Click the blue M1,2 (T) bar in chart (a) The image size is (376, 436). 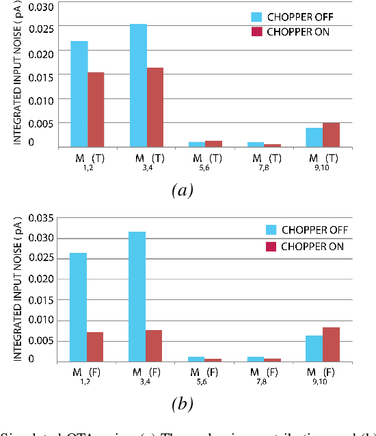coord(79,94)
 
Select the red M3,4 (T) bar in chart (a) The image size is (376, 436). coord(155,107)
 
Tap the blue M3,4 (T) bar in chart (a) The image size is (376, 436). coord(138,85)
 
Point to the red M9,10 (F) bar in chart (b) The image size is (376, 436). coord(331,344)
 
